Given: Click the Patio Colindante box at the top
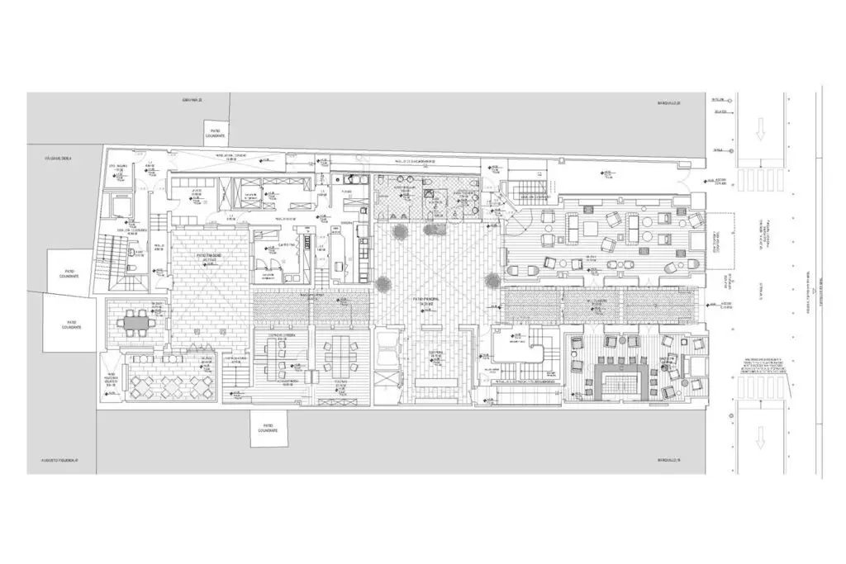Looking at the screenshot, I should click(216, 131).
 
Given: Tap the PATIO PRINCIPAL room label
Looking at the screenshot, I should click(425, 302).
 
